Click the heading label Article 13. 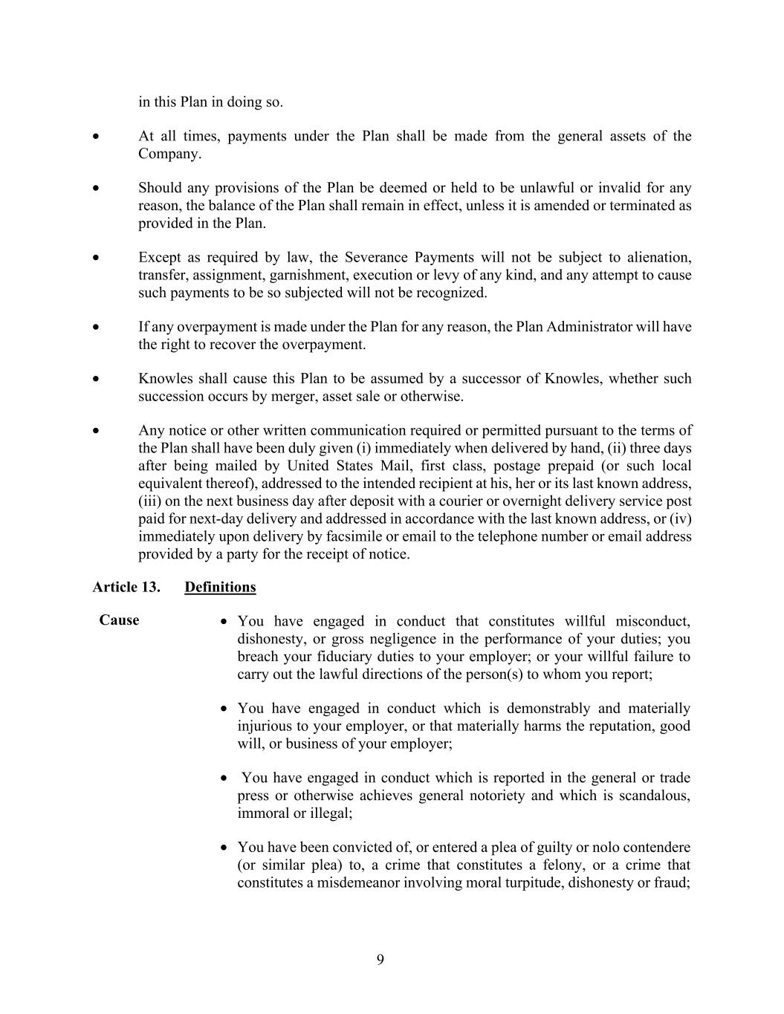(126, 587)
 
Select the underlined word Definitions (220, 587)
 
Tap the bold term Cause (119, 620)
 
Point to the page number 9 (380, 960)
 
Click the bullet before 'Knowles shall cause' (96, 379)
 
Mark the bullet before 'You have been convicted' (224, 848)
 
